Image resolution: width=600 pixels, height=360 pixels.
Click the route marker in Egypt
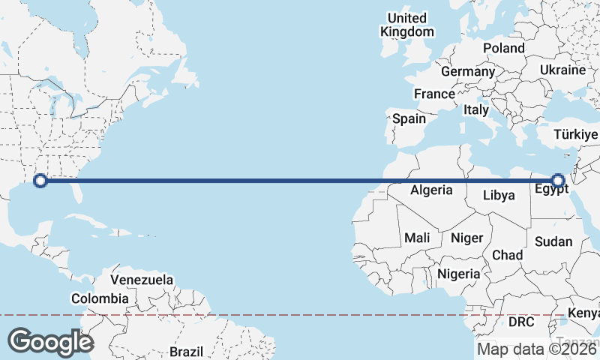tap(557, 180)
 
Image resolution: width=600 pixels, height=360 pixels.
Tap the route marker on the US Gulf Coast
tap(41, 180)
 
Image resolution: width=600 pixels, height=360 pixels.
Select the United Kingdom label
tap(407, 25)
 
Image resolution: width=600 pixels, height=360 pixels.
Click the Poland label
tap(504, 48)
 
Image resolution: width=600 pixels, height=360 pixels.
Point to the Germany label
tap(468, 72)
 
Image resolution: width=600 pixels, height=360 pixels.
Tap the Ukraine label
tap(562, 70)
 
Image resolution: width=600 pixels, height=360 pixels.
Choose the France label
tap(434, 94)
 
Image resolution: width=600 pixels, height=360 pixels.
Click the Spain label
tap(409, 118)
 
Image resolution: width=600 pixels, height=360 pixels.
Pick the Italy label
tap(476, 109)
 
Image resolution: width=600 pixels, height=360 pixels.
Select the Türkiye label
tap(575, 134)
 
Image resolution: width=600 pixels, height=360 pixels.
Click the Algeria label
tap(431, 190)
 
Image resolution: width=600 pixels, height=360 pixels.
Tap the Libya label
tap(499, 196)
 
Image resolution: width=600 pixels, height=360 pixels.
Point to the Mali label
tap(417, 238)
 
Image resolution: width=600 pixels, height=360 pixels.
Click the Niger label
tap(466, 238)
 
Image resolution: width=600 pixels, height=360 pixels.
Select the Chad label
tap(507, 256)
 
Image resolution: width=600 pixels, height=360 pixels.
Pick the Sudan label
tap(553, 241)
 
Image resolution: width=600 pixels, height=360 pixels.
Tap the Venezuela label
tap(142, 280)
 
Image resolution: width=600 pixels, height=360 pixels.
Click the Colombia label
tap(100, 298)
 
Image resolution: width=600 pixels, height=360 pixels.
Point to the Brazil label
tap(186, 351)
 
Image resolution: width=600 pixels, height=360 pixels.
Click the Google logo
tap(50, 341)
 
